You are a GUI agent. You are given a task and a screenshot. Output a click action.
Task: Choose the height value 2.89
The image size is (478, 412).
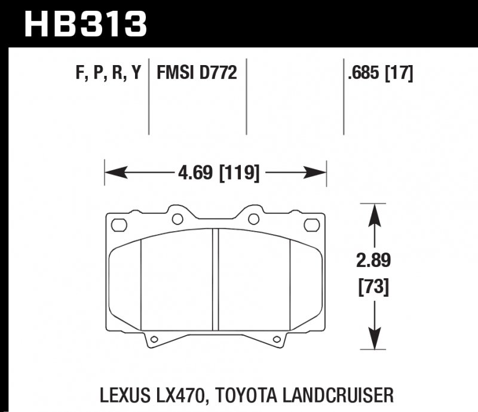point(374,262)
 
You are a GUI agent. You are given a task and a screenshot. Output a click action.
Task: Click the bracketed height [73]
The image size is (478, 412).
point(374,288)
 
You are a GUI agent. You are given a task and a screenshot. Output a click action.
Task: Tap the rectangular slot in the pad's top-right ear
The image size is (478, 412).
point(311,225)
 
